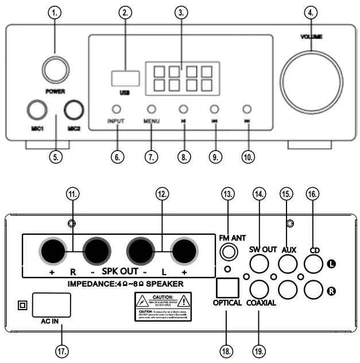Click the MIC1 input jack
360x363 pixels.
37,110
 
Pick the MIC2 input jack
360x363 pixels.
75,110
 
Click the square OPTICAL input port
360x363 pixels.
227,287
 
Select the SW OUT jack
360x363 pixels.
259,263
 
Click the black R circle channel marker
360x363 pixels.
331,292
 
